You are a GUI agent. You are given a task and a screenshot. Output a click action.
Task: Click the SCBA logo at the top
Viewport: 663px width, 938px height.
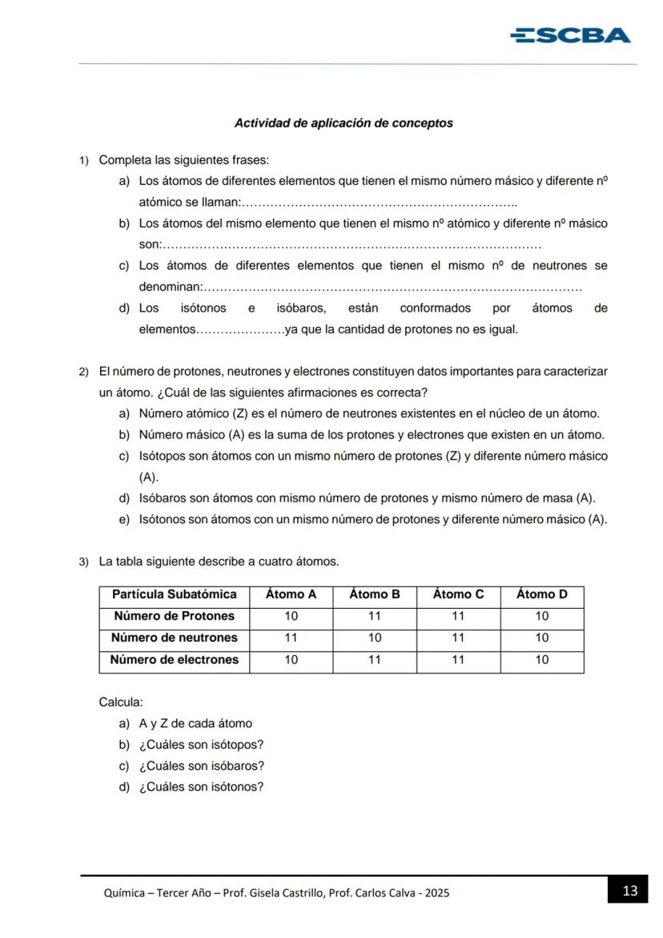[570, 35]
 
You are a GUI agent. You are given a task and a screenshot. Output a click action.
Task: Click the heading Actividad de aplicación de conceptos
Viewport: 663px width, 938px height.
[344, 123]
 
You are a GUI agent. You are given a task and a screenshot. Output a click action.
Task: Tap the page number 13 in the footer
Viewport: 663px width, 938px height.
[629, 891]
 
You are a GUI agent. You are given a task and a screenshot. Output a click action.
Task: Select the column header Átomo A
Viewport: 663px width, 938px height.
[291, 594]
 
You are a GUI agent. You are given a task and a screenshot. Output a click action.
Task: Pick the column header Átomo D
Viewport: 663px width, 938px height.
[541, 594]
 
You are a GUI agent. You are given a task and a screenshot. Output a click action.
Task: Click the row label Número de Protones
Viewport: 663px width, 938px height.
[175, 616]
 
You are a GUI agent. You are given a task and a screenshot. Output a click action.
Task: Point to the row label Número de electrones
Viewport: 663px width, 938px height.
[175, 660]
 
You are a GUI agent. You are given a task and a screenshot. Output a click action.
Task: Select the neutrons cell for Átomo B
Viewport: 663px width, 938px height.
[375, 638]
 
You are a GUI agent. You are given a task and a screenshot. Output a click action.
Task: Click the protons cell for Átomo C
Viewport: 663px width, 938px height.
[458, 616]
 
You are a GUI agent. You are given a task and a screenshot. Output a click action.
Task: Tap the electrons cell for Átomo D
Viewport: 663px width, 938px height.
[541, 660]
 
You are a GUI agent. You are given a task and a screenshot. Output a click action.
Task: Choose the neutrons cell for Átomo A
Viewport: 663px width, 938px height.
[291, 638]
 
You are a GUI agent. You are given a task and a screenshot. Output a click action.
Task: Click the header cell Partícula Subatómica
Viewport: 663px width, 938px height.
[175, 594]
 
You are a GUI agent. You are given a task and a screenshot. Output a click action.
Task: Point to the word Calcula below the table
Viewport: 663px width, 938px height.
[121, 702]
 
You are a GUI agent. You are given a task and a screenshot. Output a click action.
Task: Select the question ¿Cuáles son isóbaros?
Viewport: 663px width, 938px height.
[201, 766]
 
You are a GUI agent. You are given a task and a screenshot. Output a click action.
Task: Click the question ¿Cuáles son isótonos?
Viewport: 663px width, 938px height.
[201, 787]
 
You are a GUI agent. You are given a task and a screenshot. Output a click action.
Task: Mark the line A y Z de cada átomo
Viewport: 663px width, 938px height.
[195, 723]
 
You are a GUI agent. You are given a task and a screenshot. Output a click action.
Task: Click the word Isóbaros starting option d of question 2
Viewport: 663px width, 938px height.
[163, 498]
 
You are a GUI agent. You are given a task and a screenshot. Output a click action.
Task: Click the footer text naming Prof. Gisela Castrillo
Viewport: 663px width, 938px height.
[276, 892]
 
